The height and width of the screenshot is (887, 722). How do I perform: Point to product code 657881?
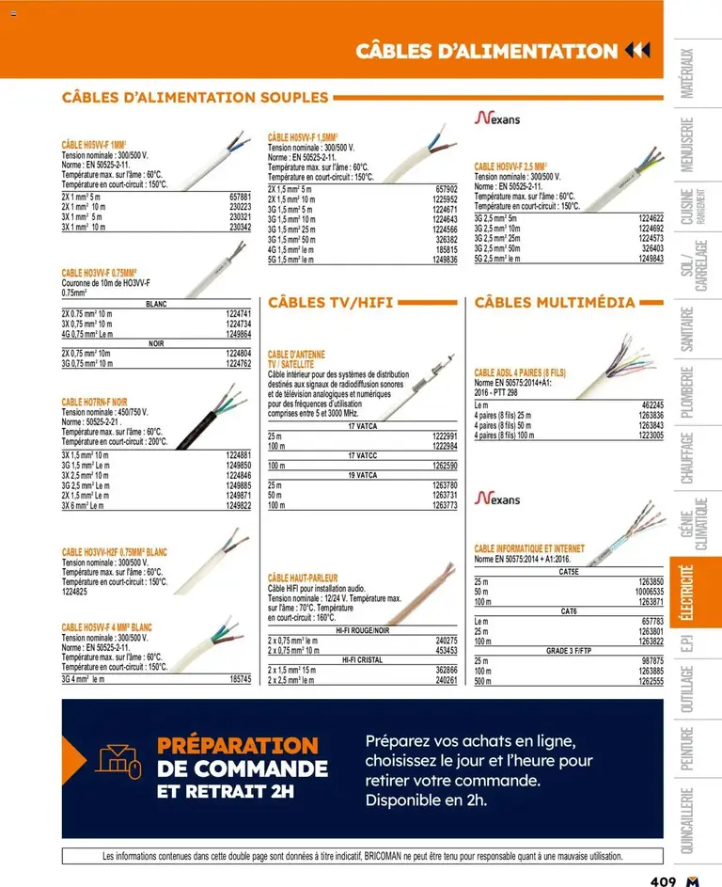click(x=241, y=197)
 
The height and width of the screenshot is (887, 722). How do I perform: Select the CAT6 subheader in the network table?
click(x=569, y=611)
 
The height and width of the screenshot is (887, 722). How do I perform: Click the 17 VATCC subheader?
click(x=363, y=455)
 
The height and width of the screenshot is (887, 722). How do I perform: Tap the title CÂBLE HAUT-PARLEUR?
click(x=303, y=578)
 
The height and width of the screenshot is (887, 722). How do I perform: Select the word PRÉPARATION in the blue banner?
click(x=238, y=746)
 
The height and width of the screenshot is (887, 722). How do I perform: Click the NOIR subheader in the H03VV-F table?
click(x=156, y=343)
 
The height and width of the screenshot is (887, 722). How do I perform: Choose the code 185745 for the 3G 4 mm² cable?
click(x=241, y=678)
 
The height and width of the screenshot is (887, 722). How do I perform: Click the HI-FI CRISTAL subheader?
click(x=363, y=660)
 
